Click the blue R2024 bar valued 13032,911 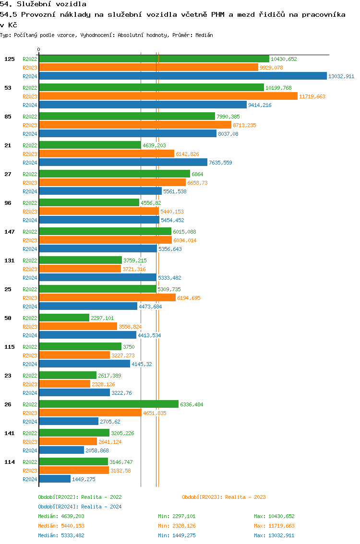182,76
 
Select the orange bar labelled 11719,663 168,96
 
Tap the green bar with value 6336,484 108,404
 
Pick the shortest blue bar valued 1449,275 55,479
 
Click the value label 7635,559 220,163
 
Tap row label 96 8,203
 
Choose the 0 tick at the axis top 39,49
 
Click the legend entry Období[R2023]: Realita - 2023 224,497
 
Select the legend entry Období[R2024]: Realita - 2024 80,507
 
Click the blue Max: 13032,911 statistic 274,535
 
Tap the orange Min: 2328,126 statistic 177,526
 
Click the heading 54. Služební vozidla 43,4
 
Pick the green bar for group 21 90,145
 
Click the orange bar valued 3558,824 78,327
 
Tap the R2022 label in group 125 30,59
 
